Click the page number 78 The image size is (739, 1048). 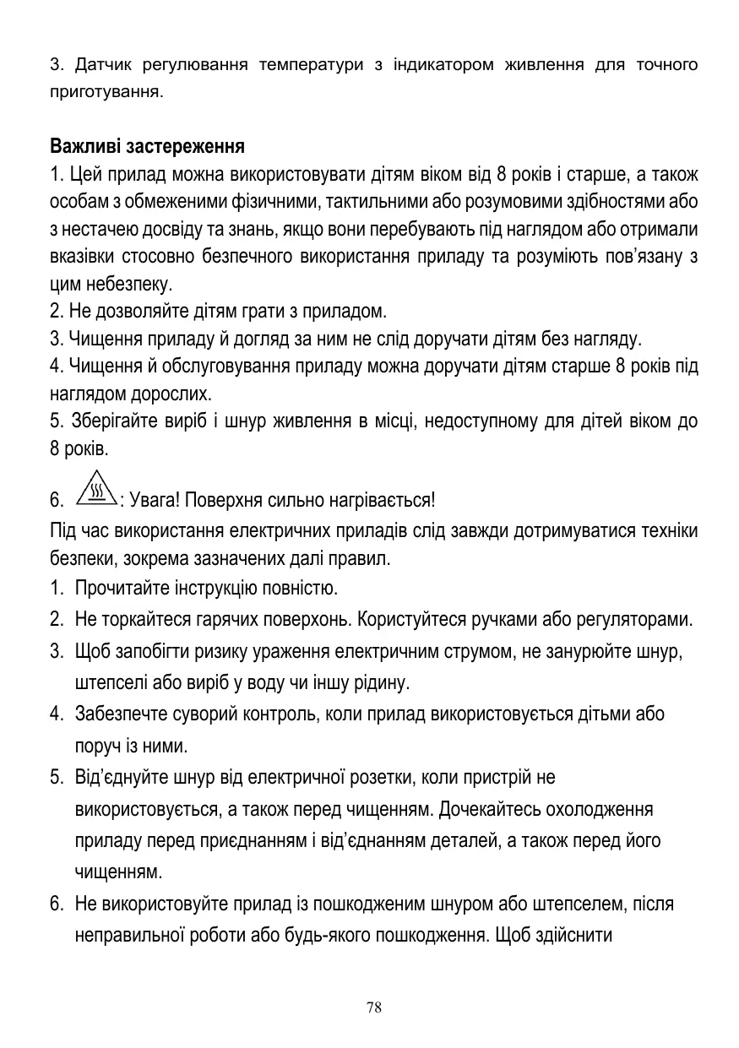click(374, 1007)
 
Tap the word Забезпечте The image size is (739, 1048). click(117, 714)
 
